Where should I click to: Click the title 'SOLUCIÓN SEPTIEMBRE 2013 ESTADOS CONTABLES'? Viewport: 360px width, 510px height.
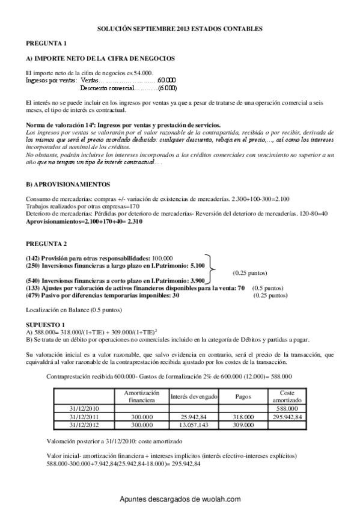180,28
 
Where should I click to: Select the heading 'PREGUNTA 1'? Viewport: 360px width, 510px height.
46,43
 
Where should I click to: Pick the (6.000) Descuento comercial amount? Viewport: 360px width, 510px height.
166,88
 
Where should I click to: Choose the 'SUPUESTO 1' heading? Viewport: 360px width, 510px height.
44,324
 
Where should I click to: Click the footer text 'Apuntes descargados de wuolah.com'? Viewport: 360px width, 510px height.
180,499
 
